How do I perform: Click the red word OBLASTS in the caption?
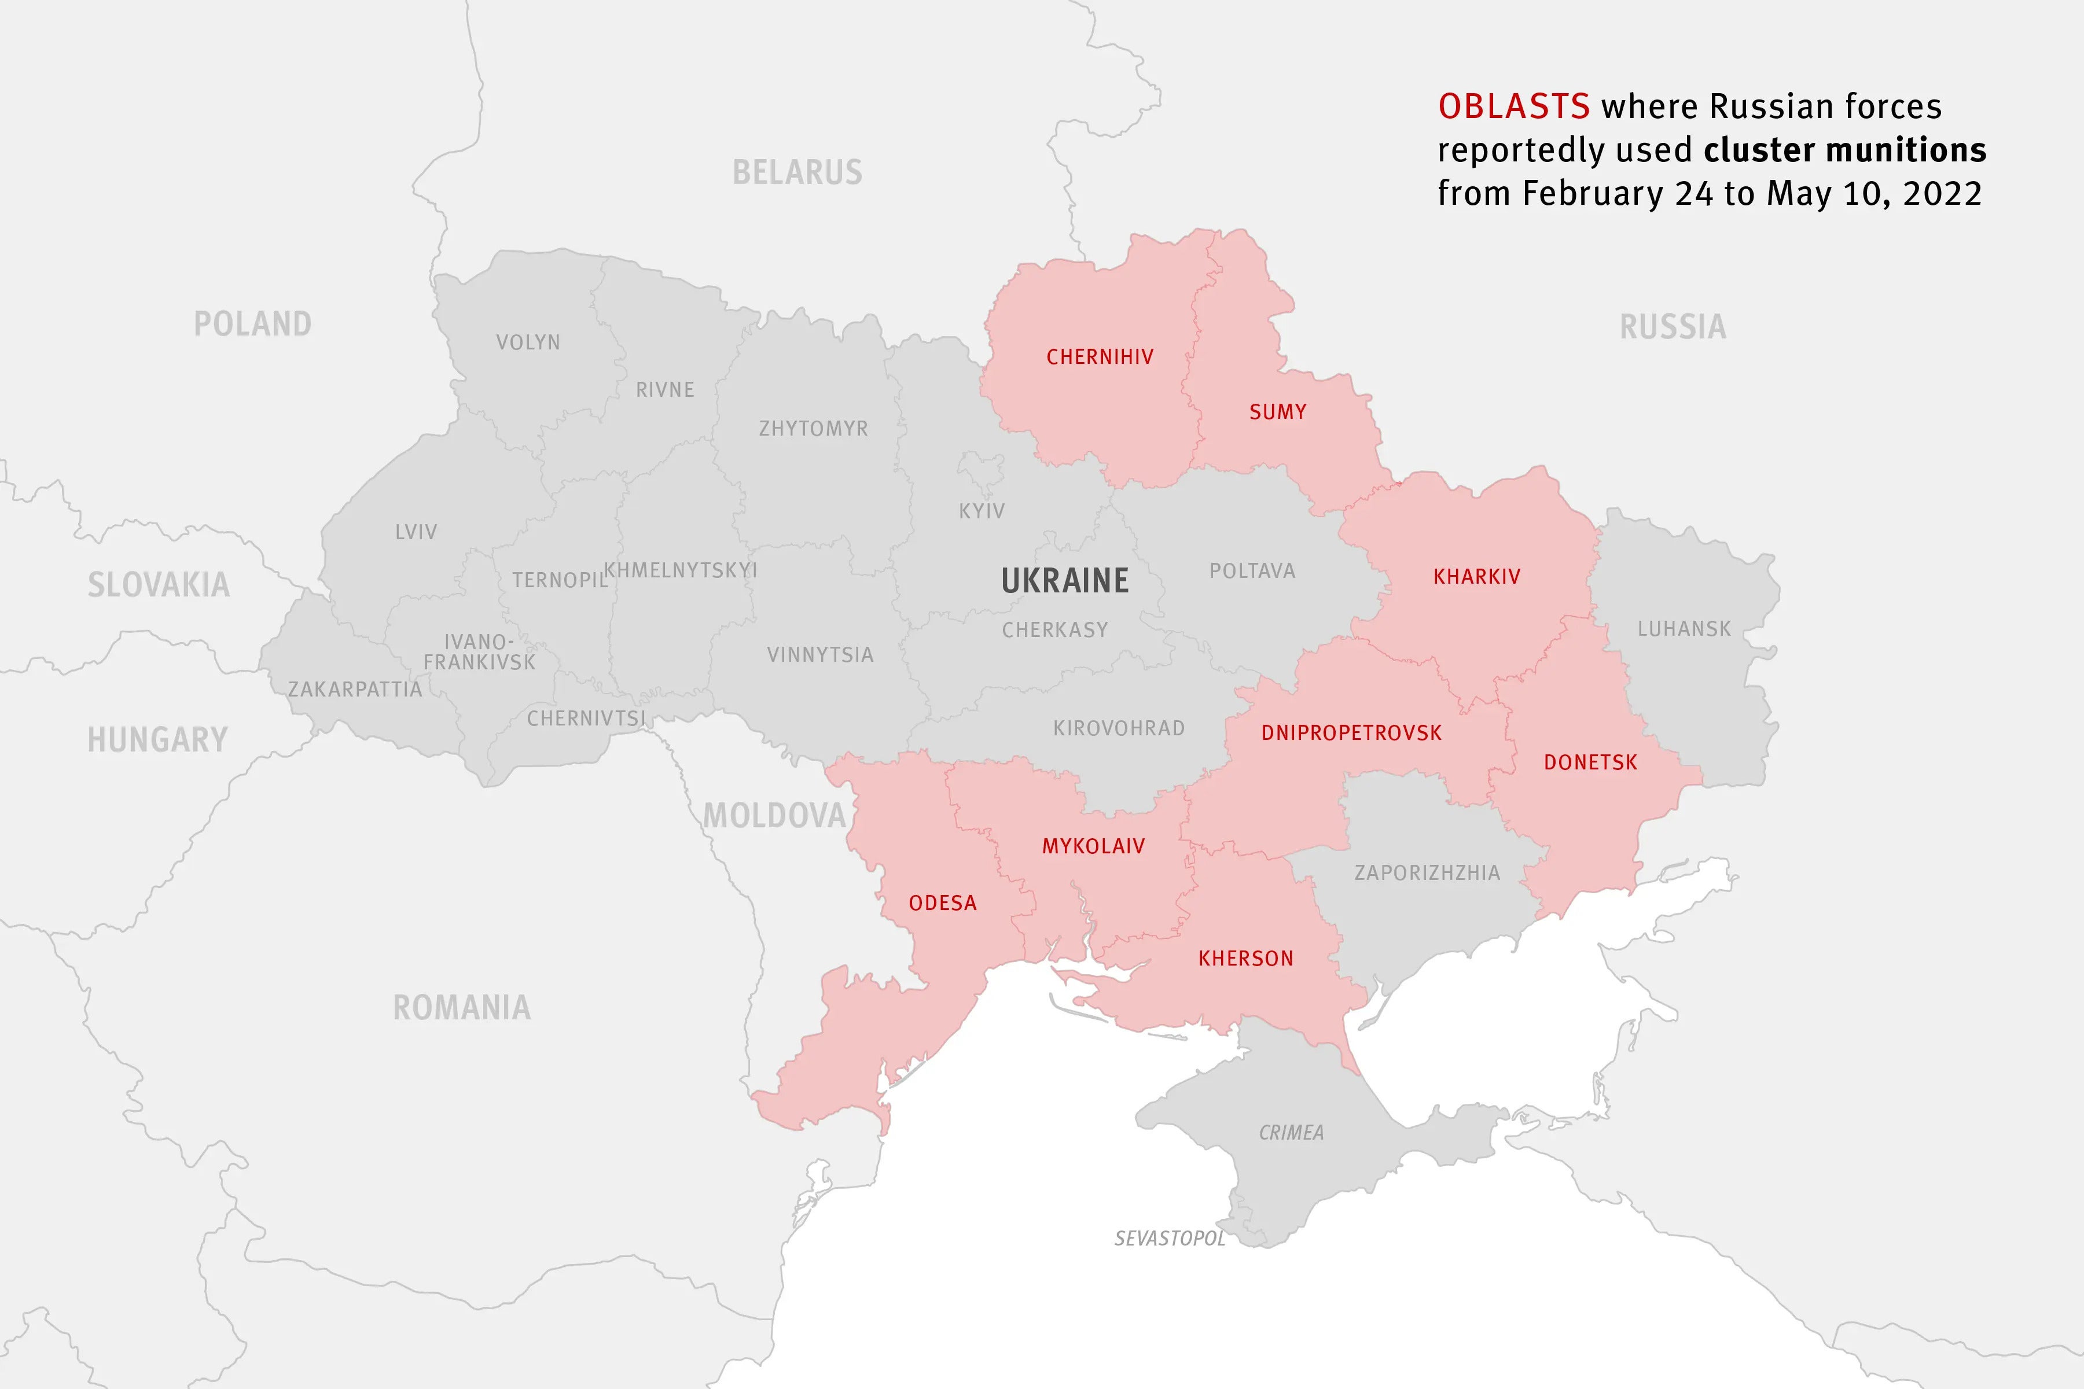coord(1513,107)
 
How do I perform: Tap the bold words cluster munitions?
coord(1845,150)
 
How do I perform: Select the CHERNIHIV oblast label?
coord(1100,357)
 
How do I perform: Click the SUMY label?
coord(1278,412)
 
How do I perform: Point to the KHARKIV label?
coord(1476,577)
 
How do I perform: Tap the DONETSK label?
coord(1590,762)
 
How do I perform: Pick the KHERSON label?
coord(1246,959)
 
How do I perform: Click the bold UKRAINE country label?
coord(1065,581)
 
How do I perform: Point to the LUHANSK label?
coord(1684,629)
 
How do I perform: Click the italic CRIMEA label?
coord(1291,1133)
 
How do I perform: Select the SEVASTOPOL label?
coord(1170,1239)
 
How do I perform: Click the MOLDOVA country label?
coord(774,816)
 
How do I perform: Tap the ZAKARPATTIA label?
coord(354,689)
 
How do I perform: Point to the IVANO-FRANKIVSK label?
coord(479,652)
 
